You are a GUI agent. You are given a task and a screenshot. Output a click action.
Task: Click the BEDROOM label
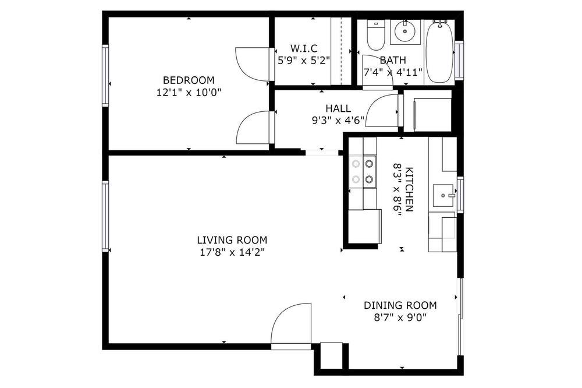189,80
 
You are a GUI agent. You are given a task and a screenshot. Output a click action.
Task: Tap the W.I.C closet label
304,48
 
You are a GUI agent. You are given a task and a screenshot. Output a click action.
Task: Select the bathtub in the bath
439,51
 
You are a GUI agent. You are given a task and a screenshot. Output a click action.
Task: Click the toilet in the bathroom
375,36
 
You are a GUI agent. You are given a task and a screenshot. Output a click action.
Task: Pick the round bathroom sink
405,31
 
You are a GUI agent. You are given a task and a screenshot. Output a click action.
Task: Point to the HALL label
338,108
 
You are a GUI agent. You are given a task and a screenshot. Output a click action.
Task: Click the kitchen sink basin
444,196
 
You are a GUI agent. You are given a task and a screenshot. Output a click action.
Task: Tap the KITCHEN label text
409,189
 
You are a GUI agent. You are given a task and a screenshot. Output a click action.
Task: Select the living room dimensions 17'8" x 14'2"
232,252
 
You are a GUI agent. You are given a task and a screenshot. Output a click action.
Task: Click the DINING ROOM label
400,305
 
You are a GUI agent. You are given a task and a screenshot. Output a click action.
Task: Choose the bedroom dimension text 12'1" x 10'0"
189,92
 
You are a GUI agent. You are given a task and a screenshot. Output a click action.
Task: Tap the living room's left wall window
105,216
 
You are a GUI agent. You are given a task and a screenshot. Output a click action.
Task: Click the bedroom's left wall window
105,76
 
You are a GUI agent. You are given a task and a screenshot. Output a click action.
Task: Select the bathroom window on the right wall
459,59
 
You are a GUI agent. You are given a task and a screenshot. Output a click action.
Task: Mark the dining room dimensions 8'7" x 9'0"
400,318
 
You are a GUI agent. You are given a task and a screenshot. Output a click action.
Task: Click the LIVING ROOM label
232,240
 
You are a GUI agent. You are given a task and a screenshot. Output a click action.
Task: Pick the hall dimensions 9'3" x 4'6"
338,121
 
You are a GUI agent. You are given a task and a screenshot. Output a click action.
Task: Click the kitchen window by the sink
460,195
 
